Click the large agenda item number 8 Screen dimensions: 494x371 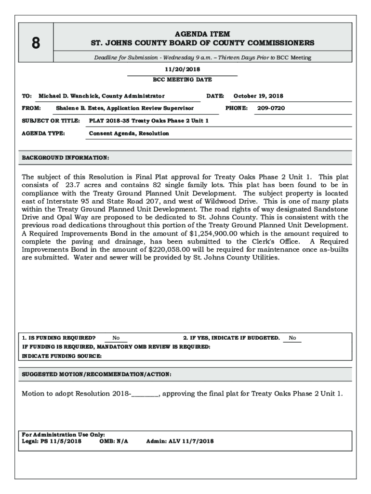coord(36,43)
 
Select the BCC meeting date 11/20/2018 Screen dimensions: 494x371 coord(182,69)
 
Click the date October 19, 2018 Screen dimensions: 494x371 coord(258,96)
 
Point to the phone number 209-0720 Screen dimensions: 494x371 coord(271,108)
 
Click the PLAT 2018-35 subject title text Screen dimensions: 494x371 coord(149,121)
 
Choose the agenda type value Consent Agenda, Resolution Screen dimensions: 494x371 coord(129,133)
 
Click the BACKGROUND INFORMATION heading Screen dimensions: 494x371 coord(66,158)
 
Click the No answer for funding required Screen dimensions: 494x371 coord(116,338)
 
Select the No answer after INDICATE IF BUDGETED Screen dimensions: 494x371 coord(292,338)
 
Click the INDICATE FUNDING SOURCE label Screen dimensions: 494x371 coord(62,356)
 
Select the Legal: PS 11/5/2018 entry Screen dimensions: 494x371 coord(52,441)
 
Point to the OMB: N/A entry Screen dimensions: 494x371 coord(114,441)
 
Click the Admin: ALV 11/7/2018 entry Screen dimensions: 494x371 coord(180,441)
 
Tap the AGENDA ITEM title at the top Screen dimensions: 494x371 coord(202,34)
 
